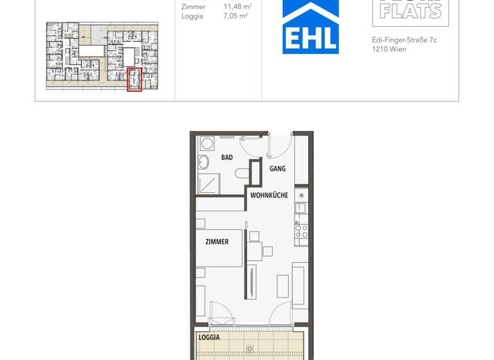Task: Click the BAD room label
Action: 227,157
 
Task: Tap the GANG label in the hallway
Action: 277,168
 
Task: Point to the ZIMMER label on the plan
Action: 217,242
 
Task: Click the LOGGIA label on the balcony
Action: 209,337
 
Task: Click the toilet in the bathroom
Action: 242,172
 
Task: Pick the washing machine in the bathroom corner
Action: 207,143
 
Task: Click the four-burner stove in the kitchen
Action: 302,231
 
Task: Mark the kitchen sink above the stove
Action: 302,209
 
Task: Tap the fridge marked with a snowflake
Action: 302,194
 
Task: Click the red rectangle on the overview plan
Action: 134,80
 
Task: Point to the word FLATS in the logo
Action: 410,11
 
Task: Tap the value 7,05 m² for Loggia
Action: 237,16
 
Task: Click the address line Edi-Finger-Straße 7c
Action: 404,39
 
